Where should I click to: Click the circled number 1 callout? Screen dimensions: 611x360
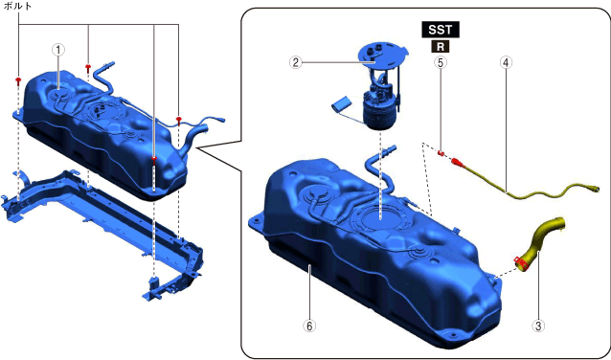tap(58, 50)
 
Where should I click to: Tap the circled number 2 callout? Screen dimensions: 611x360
tap(296, 62)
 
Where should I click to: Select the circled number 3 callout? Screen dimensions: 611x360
tap(538, 326)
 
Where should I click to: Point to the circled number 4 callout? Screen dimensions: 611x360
tap(506, 62)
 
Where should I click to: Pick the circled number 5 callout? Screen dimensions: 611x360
tap(441, 62)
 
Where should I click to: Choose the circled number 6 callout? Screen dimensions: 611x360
tap(309, 326)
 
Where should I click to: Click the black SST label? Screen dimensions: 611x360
tap(441, 30)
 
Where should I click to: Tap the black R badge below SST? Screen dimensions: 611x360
tap(441, 47)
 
